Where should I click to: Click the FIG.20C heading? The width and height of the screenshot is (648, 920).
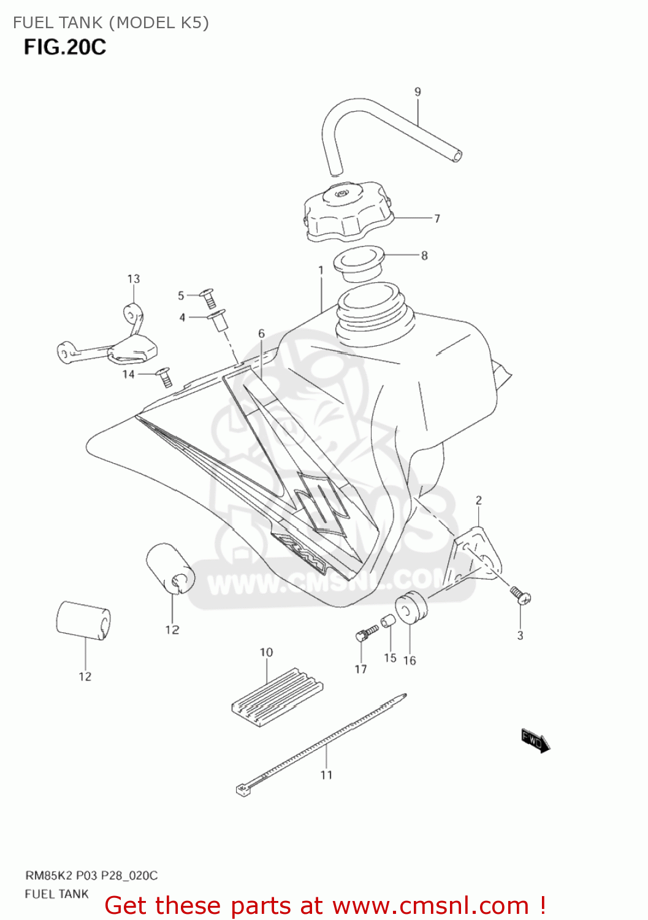[65, 47]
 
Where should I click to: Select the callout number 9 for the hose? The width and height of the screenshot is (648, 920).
[417, 92]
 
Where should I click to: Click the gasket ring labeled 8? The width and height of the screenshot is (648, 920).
[358, 262]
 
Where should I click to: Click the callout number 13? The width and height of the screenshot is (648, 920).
[134, 279]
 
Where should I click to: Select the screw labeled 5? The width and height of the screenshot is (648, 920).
[208, 298]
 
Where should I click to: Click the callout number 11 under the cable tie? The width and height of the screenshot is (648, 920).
[326, 775]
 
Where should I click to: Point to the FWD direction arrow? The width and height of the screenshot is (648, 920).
[535, 741]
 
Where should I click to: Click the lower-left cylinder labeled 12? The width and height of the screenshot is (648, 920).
[83, 621]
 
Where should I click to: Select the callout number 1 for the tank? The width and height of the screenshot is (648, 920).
[321, 270]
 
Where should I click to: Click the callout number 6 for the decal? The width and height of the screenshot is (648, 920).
[262, 334]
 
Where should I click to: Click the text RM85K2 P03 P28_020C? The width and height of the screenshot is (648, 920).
[91, 876]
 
